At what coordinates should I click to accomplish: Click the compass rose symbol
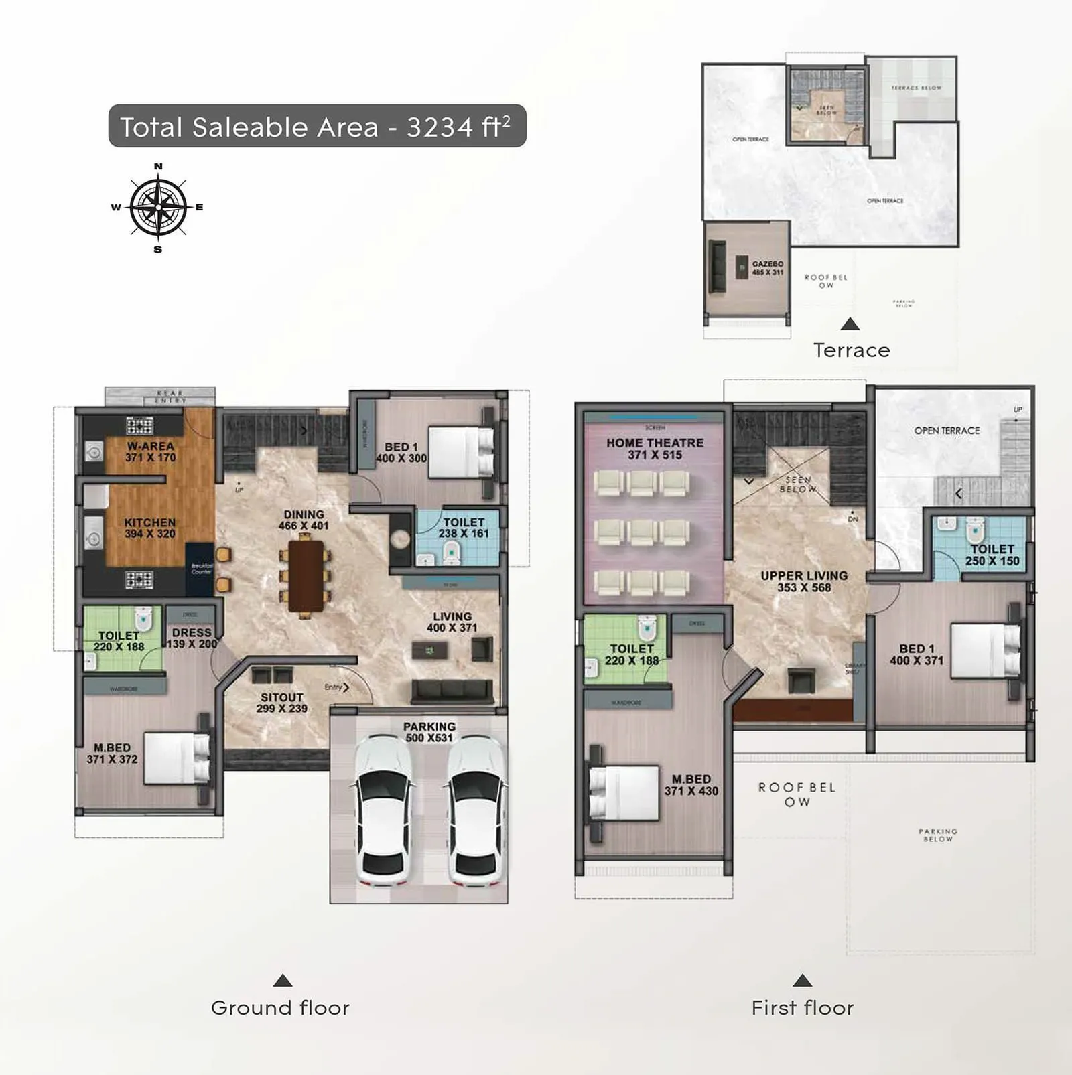[158, 207]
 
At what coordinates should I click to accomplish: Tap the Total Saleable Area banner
[317, 126]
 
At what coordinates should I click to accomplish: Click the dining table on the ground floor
[306, 575]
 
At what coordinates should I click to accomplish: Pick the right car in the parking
[475, 809]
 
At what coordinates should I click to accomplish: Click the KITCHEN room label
[149, 528]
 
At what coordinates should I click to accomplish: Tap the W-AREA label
[150, 451]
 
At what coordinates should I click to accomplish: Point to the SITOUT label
[281, 702]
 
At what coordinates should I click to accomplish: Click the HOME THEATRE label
[655, 449]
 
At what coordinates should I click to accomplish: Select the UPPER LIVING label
[804, 581]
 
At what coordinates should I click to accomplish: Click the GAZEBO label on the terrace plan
[767, 268]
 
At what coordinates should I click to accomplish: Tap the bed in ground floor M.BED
[176, 758]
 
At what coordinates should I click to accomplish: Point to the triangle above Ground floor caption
[283, 981]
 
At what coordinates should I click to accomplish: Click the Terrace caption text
[851, 350]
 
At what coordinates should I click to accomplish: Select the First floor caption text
[802, 1008]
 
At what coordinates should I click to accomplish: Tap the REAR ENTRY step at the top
[160, 396]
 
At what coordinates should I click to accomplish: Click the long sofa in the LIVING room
[452, 691]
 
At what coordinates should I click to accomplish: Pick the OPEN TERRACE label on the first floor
[947, 431]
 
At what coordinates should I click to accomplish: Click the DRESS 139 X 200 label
[192, 638]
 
